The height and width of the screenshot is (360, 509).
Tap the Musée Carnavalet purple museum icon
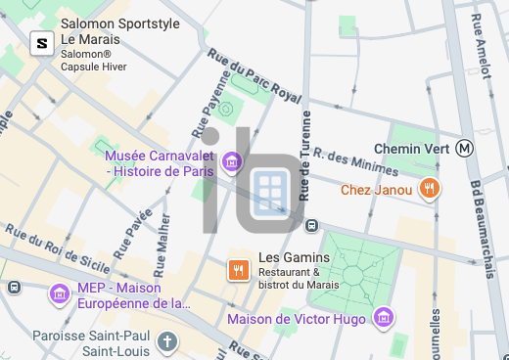[x=232, y=160]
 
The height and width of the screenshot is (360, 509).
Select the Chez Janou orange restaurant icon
[x=428, y=189]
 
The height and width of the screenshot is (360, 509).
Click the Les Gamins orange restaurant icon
[x=237, y=270]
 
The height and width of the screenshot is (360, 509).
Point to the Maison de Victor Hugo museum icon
[x=384, y=318]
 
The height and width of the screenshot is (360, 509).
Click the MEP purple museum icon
[x=59, y=292]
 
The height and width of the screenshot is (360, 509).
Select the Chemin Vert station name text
[x=411, y=149]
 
